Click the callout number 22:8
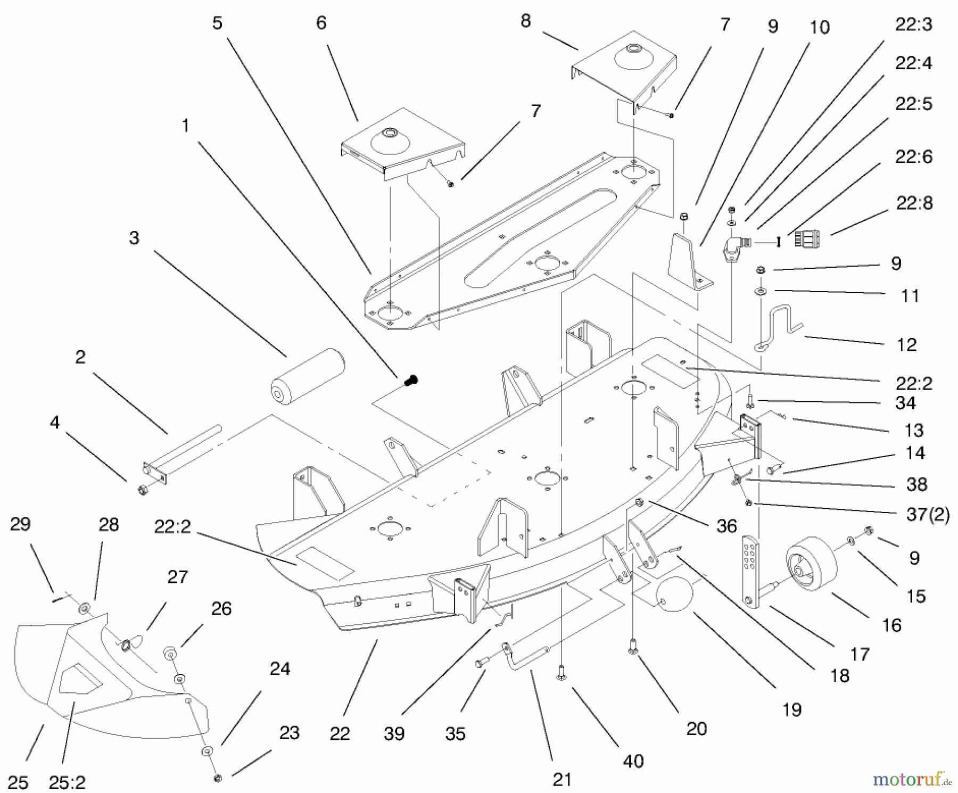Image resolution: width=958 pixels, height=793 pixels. (914, 203)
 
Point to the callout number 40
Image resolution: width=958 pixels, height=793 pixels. (633, 762)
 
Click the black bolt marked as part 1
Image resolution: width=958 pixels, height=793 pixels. (411, 380)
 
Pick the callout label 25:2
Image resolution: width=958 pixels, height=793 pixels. (67, 782)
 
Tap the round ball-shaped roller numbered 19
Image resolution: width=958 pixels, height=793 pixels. (674, 594)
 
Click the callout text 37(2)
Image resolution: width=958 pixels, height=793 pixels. (928, 515)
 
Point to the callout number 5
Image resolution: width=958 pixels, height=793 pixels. (217, 23)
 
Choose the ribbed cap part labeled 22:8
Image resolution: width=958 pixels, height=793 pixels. (806, 239)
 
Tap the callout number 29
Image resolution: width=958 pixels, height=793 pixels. (21, 524)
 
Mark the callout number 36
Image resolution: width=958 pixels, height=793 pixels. (726, 526)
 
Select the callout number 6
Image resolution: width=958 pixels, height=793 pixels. (321, 22)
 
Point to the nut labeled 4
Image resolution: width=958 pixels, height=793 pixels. (142, 490)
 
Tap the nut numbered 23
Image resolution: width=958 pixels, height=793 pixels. (217, 778)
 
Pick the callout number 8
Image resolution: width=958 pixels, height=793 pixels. (525, 21)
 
